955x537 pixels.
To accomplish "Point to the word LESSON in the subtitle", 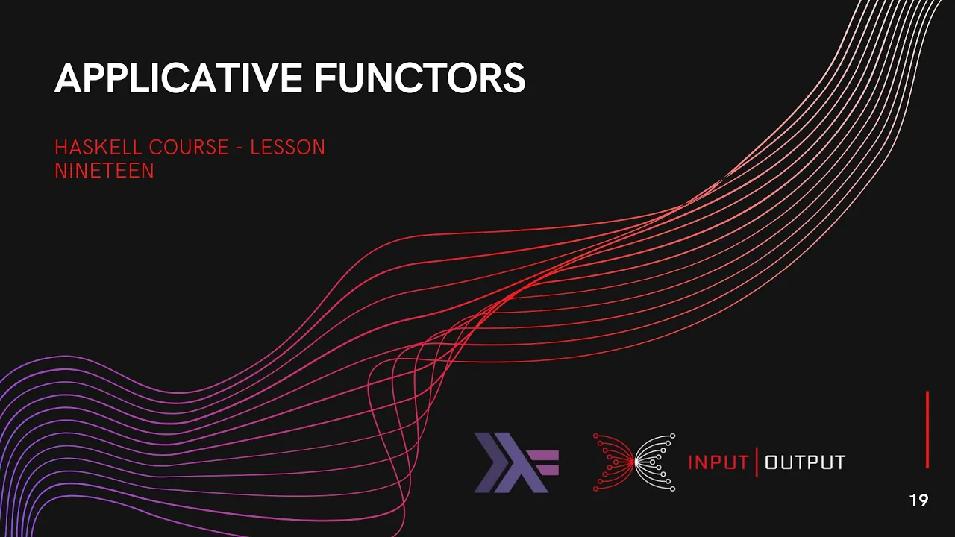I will pos(288,147).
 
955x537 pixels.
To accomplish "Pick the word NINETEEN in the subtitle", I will pos(104,171).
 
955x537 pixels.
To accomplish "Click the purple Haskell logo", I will pos(516,462).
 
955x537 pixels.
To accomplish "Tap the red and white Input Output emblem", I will pos(634,462).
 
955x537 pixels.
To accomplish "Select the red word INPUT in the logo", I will pos(718,462).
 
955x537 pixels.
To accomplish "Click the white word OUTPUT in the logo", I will pos(805,462).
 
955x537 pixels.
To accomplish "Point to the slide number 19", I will pos(919,500).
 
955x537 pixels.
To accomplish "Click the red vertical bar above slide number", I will pos(927,430).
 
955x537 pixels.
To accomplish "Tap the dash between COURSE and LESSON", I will pos(239,148).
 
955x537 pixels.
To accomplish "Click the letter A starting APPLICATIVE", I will pos(66,78).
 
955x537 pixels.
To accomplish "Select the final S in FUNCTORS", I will pos(515,78).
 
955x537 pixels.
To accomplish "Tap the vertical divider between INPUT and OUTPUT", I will pos(757,462).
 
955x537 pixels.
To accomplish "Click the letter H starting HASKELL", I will pos(60,147).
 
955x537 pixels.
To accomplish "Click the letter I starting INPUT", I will pos(690,462).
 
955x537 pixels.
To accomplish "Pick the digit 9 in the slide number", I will pos(923,500).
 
